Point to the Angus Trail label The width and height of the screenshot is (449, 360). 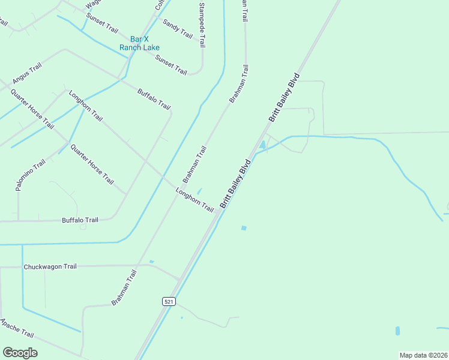[x=27, y=74]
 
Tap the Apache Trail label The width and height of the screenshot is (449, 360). [x=17, y=329]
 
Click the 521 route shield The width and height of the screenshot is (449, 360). [x=169, y=301]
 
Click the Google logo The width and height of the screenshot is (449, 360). [x=20, y=353]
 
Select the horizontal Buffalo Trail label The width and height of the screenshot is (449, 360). [x=80, y=220]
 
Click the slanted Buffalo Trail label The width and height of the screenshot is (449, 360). [x=154, y=99]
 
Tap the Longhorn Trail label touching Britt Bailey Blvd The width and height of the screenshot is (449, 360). [x=195, y=200]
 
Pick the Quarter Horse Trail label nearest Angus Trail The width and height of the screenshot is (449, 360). [x=32, y=109]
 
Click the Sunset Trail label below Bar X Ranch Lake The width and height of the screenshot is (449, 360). [x=172, y=64]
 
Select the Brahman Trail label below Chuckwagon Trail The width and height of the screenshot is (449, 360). [x=124, y=287]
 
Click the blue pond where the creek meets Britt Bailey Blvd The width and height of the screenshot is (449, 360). [x=262, y=146]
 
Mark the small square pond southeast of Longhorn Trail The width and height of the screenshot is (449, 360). [x=243, y=228]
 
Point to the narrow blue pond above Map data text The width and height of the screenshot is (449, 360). [x=397, y=331]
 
